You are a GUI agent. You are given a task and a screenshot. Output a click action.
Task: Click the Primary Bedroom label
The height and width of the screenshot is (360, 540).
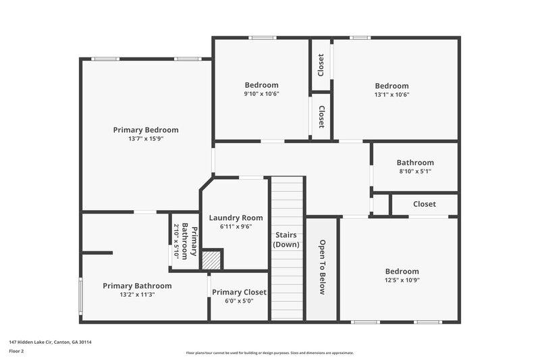(x=146, y=130)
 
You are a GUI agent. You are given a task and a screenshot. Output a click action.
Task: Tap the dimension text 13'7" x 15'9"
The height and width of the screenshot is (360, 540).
(x=146, y=138)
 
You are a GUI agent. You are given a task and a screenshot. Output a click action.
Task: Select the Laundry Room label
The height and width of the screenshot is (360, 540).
(x=236, y=217)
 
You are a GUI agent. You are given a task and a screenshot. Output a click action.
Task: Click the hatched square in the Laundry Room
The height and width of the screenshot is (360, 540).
(x=212, y=260)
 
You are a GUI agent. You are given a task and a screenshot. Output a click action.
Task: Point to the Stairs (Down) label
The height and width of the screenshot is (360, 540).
(x=286, y=240)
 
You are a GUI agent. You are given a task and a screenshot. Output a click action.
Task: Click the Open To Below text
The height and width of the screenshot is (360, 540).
(x=322, y=267)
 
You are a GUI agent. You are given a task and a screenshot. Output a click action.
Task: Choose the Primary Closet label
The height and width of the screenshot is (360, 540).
(x=239, y=292)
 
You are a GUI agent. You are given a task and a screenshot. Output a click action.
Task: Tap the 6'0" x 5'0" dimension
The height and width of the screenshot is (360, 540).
(x=239, y=301)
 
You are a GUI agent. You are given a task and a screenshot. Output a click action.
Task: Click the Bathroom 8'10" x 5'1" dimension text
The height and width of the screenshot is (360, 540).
(x=415, y=172)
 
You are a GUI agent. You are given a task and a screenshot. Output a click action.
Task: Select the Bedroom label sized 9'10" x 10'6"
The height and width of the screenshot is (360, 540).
(x=261, y=85)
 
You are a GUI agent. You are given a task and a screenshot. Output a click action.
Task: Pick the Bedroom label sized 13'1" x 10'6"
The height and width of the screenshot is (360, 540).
(x=392, y=86)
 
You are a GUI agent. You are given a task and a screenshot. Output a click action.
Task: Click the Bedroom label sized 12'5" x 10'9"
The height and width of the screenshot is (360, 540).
(x=402, y=272)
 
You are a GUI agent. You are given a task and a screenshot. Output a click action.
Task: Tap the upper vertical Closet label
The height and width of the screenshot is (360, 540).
(x=321, y=65)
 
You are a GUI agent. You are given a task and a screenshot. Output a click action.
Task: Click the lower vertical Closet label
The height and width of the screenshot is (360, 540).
(x=321, y=117)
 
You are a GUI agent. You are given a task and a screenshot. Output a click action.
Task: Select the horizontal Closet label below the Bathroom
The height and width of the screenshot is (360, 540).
(x=425, y=204)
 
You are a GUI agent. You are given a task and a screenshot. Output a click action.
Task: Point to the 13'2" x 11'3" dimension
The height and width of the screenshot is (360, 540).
(x=137, y=294)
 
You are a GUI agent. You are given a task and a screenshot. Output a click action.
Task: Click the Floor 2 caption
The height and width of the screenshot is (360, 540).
(x=16, y=352)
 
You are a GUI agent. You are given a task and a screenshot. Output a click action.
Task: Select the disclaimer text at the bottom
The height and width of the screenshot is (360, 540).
(x=269, y=353)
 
